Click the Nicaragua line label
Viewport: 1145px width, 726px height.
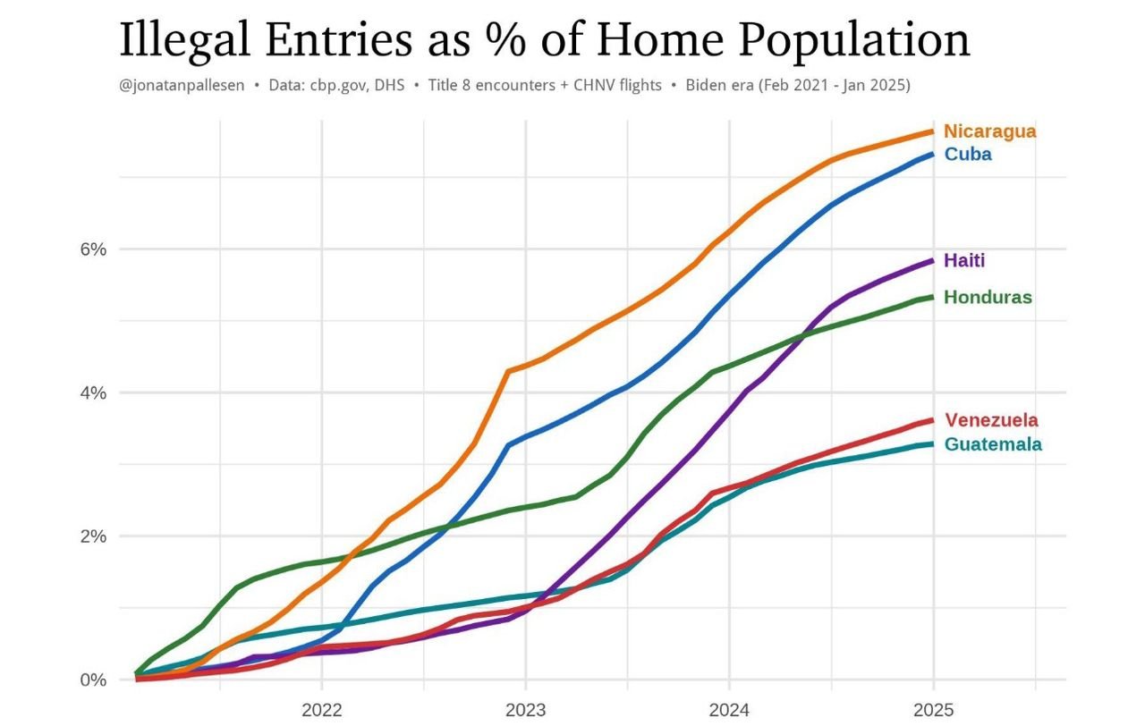[x=989, y=131]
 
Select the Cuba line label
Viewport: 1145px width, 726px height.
[x=968, y=154]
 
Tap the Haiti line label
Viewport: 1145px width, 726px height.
[x=964, y=261]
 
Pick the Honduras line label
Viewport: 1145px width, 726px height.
[x=988, y=297]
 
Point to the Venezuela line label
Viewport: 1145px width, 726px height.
[x=991, y=420]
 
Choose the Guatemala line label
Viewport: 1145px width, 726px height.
[x=993, y=444]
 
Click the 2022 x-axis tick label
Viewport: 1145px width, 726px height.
[x=322, y=712]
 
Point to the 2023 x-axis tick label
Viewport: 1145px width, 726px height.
[x=525, y=712]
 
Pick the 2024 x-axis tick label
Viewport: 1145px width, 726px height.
[x=729, y=712]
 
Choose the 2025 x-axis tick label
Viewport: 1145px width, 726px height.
[x=933, y=712]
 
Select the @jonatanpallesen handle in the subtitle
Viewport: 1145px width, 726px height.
[x=182, y=86]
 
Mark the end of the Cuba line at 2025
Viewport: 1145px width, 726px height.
[x=933, y=155]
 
